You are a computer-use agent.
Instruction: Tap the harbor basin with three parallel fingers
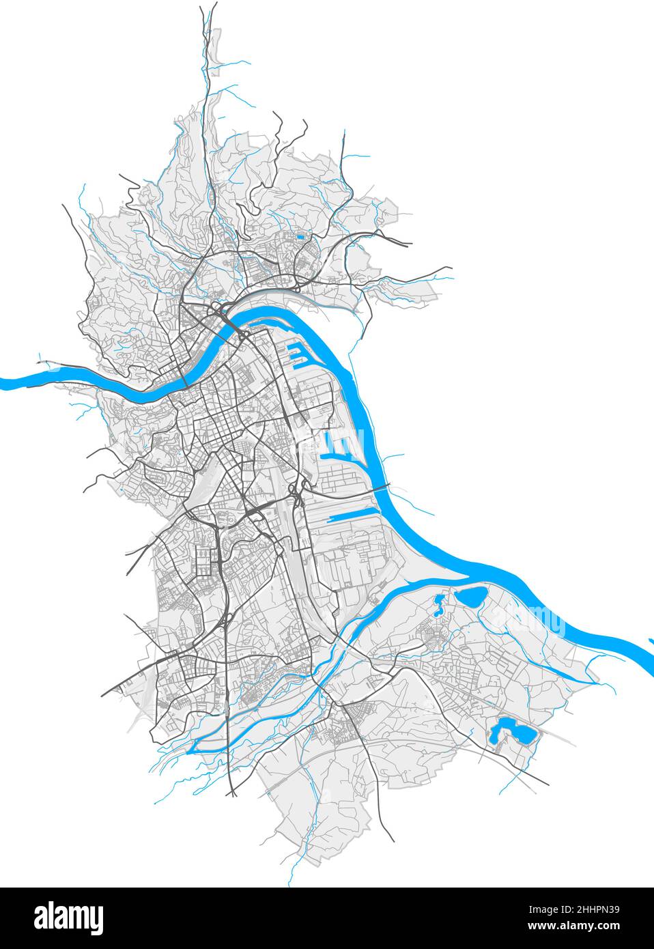[x=341, y=448]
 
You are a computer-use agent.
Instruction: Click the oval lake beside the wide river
[x=471, y=597]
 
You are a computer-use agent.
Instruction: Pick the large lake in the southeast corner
[x=511, y=732]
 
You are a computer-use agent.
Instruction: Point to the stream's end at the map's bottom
[x=290, y=883]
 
